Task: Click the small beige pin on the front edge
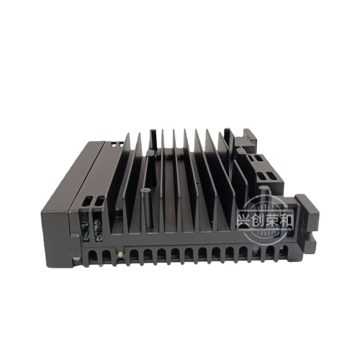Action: [x=120, y=253]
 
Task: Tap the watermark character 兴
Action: [x=243, y=220]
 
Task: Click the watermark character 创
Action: [x=258, y=220]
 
